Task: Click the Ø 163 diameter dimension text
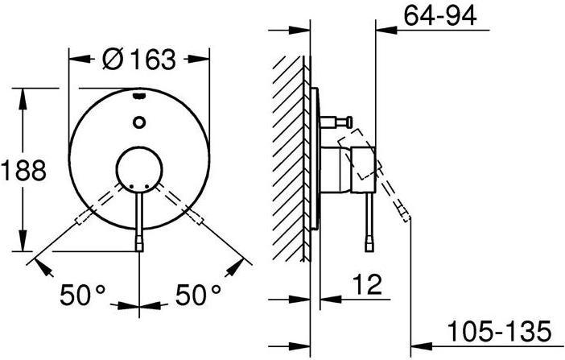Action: [139, 59]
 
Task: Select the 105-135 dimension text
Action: [500, 330]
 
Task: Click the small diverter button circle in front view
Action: [140, 122]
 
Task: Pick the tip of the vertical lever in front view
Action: [140, 242]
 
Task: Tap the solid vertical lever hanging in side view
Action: [369, 217]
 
